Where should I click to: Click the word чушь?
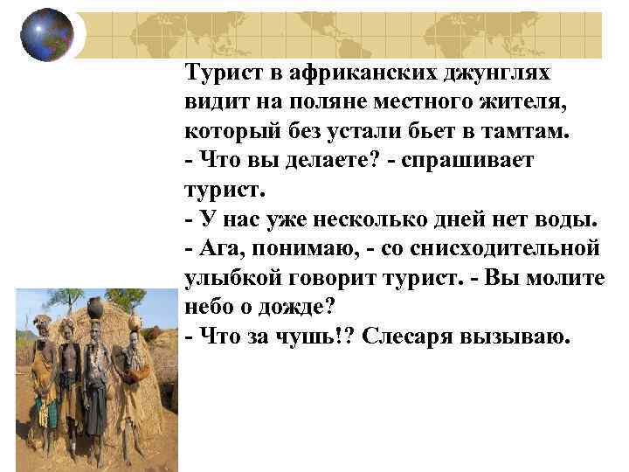click(320, 337)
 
